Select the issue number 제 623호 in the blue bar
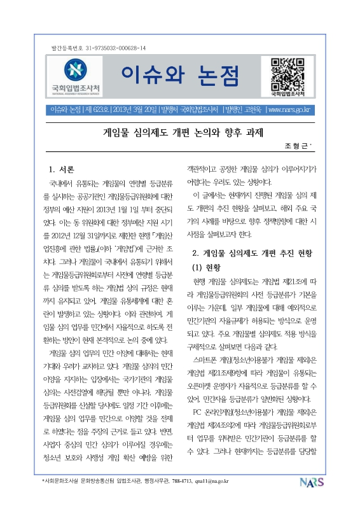pyautogui.click(x=97, y=109)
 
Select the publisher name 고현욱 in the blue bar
pyautogui.click(x=251, y=109)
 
